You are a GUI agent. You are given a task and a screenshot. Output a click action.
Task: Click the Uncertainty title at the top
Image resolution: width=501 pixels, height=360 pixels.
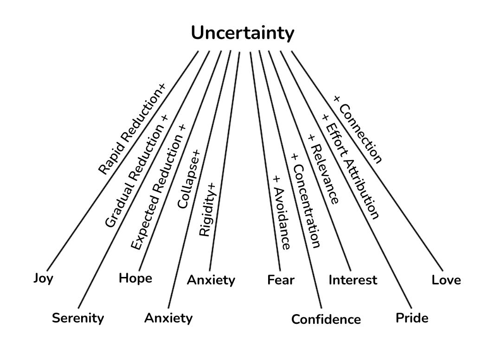(x=243, y=33)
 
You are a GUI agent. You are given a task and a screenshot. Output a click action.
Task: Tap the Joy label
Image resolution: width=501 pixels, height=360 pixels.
(x=43, y=278)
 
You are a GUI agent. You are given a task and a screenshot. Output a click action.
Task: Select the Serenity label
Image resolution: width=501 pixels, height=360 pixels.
(x=78, y=318)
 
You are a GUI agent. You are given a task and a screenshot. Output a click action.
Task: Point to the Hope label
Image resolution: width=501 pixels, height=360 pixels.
(x=135, y=278)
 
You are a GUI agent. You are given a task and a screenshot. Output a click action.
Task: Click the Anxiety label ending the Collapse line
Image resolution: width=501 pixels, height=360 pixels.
(x=168, y=318)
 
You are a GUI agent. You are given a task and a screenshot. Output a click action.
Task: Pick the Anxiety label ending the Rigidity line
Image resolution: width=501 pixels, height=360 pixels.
(x=211, y=280)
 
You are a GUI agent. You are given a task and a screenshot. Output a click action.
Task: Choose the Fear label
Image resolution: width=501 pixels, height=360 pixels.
(x=281, y=280)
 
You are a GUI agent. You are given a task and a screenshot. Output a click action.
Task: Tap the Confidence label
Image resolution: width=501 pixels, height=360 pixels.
(x=326, y=319)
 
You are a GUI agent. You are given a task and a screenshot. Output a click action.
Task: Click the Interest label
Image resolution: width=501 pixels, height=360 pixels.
(x=353, y=280)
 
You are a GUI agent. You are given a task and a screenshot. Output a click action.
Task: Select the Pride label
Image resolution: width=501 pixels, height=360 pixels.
(x=412, y=318)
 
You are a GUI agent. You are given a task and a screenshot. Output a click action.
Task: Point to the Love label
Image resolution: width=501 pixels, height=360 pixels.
(x=446, y=280)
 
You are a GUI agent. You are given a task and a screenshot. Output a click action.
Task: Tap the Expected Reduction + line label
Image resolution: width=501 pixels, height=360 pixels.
(x=158, y=187)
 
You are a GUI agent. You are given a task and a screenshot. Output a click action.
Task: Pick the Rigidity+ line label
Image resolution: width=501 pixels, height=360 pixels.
(x=207, y=209)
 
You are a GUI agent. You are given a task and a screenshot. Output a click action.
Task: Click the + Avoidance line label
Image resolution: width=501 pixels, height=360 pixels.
(x=282, y=212)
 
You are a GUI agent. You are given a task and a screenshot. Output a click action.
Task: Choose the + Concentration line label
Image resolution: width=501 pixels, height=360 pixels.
(x=305, y=200)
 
